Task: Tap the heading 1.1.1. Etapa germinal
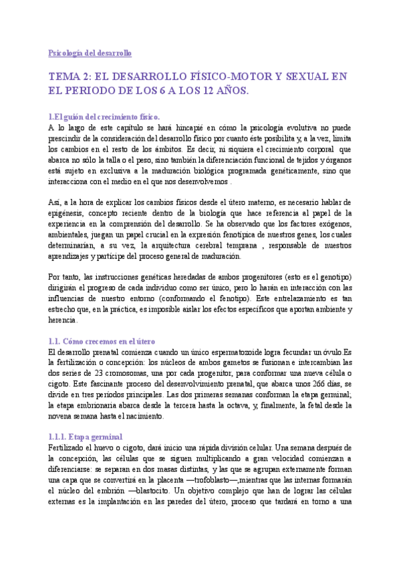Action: [86, 418]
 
